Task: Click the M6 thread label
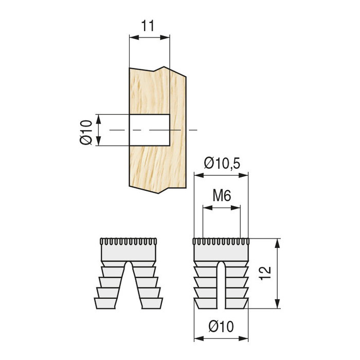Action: click(222, 195)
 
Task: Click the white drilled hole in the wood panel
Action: click(149, 130)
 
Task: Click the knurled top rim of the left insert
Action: click(128, 242)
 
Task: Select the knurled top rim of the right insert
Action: click(221, 242)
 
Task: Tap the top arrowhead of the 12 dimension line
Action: click(278, 242)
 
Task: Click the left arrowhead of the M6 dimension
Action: click(206, 208)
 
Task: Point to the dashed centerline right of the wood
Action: click(192, 130)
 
